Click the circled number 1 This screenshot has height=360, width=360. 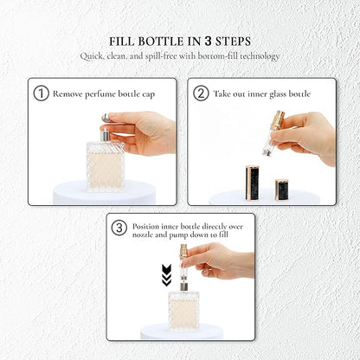click(41, 93)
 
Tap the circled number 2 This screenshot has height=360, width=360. click(201, 93)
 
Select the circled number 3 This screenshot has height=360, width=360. click(120, 228)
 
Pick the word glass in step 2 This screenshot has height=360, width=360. click(286, 93)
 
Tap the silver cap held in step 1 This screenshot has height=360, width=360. click(106, 119)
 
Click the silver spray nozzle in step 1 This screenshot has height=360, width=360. click(105, 136)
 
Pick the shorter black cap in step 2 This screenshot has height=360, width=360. click(282, 189)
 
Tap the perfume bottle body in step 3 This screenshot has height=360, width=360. click(183, 309)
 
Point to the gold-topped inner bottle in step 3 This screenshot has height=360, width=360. click(183, 264)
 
